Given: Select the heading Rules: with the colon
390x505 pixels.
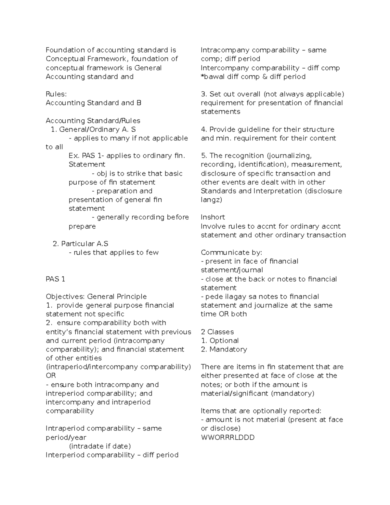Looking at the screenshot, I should pyautogui.click(x=56, y=94).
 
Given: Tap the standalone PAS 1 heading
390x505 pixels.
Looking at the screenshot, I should pyautogui.click(x=56, y=279).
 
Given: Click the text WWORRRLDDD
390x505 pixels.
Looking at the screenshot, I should pyautogui.click(x=227, y=437).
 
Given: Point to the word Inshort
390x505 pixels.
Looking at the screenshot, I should pyautogui.click(x=213, y=217).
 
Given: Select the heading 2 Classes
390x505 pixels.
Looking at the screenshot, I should pyautogui.click(x=217, y=332).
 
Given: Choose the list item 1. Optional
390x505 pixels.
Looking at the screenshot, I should pyautogui.click(x=220, y=341).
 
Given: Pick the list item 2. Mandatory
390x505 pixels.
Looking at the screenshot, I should pyautogui.click(x=224, y=350).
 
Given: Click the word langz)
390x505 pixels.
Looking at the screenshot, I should pyautogui.click(x=211, y=200).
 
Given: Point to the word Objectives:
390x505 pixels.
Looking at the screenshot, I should pyautogui.click(x=65, y=297).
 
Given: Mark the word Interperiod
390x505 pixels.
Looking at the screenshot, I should pyautogui.click(x=65, y=455).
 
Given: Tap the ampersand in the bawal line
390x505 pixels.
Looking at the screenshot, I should pyautogui.click(x=265, y=77).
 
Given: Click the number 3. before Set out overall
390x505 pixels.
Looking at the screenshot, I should pyautogui.click(x=204, y=94).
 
